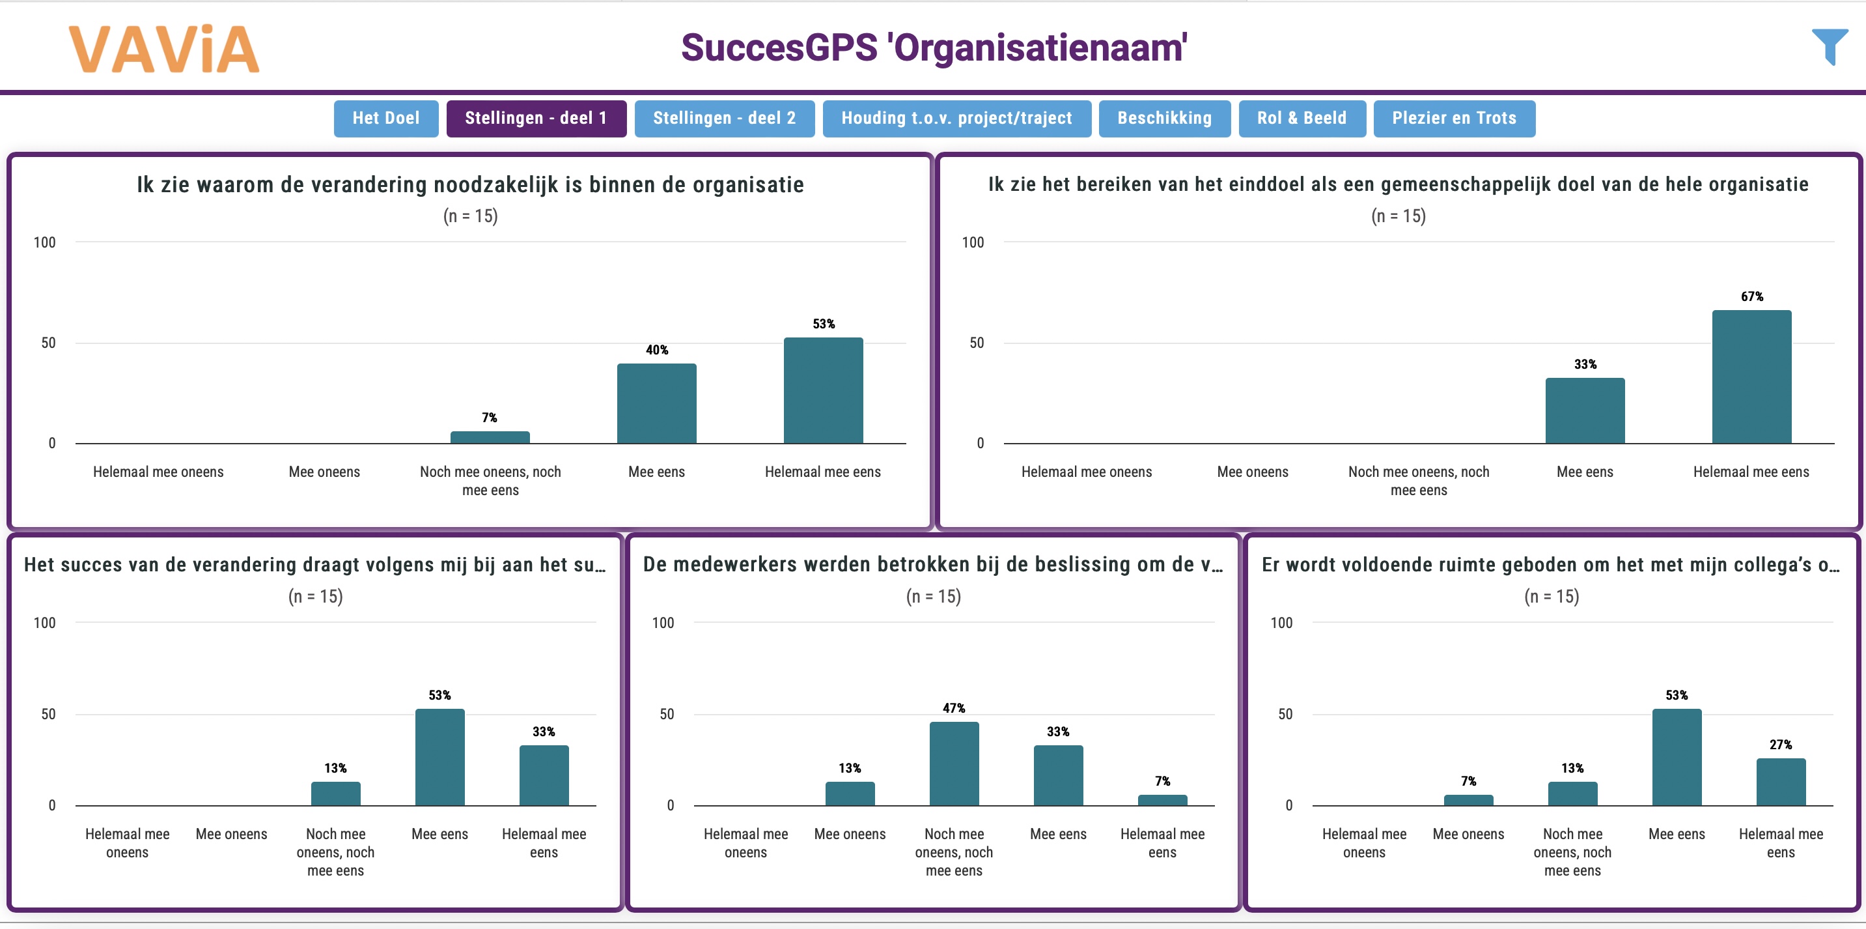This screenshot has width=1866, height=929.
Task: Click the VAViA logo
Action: pyautogui.click(x=163, y=50)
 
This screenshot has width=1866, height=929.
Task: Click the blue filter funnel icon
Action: pyautogui.click(x=1830, y=47)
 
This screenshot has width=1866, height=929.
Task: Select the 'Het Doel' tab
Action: pyautogui.click(x=385, y=118)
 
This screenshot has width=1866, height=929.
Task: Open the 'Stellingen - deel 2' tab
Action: pyautogui.click(x=723, y=118)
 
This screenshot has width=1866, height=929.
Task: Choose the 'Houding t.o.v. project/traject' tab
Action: pyautogui.click(x=956, y=118)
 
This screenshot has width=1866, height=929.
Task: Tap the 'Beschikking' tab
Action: pyautogui.click(x=1164, y=118)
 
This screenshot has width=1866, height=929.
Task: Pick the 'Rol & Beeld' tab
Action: pyautogui.click(x=1302, y=118)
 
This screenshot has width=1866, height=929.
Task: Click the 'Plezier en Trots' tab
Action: pyautogui.click(x=1454, y=118)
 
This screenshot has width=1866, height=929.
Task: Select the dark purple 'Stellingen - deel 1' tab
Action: pyautogui.click(x=536, y=118)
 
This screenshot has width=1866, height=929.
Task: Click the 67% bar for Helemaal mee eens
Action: pyautogui.click(x=1751, y=377)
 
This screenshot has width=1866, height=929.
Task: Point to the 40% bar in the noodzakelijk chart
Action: pyautogui.click(x=656, y=404)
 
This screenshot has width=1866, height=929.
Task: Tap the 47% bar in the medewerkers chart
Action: pyautogui.click(x=954, y=764)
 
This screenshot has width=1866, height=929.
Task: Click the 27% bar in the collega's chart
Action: pyautogui.click(x=1781, y=782)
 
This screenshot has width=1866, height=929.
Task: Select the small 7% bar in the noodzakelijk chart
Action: pyautogui.click(x=490, y=437)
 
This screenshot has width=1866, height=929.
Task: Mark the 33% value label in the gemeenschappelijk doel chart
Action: pyautogui.click(x=1585, y=364)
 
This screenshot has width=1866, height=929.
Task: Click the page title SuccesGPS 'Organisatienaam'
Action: pyautogui.click(x=934, y=48)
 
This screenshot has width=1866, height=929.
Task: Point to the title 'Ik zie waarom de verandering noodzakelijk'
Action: pyautogui.click(x=470, y=185)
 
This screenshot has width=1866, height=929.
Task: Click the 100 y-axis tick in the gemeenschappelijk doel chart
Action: pyautogui.click(x=972, y=242)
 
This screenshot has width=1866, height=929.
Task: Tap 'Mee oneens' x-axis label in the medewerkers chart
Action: pyautogui.click(x=850, y=834)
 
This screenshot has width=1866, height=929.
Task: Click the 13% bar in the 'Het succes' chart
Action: pyautogui.click(x=335, y=793)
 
